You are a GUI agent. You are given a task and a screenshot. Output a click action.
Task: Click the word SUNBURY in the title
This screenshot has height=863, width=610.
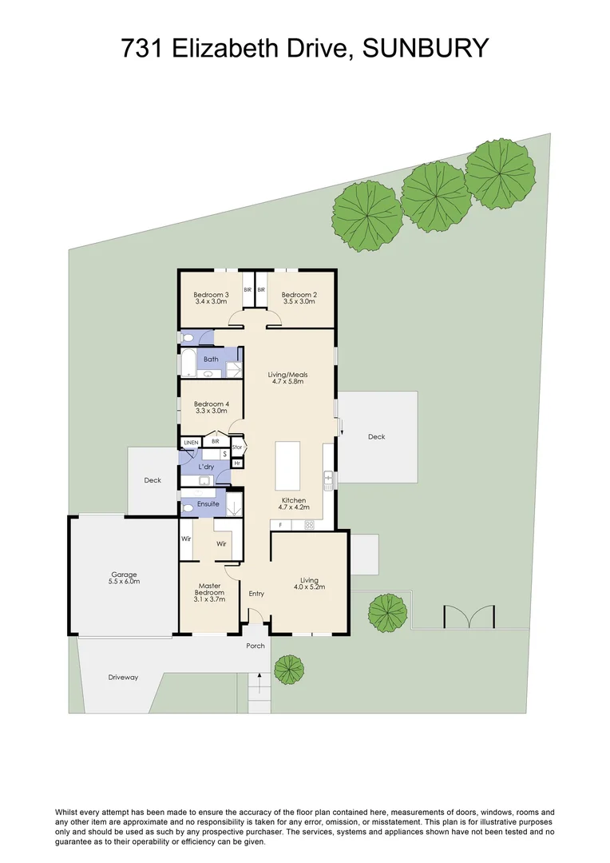(x=425, y=49)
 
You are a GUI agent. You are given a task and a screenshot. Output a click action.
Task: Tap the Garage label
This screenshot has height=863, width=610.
(x=125, y=574)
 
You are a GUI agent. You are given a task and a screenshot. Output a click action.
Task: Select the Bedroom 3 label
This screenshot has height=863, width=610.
(x=211, y=295)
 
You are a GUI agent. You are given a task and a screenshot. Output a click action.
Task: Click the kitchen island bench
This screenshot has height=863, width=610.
(x=288, y=466)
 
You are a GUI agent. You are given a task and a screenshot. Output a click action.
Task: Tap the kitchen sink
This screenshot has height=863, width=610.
(x=328, y=479)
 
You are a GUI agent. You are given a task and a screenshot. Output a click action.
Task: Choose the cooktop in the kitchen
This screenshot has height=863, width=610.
(x=308, y=524)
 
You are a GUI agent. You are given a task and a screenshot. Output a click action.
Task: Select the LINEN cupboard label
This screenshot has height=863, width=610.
(x=191, y=442)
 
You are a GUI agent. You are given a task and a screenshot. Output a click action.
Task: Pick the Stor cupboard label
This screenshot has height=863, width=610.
(x=237, y=447)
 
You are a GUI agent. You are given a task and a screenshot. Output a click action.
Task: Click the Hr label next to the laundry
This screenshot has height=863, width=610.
(x=237, y=463)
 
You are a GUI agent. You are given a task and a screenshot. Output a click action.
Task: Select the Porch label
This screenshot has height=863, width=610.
(x=255, y=646)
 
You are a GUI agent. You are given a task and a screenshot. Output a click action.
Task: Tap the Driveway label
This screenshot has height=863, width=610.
(x=123, y=678)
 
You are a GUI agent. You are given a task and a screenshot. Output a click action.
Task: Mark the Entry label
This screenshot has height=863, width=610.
(x=256, y=594)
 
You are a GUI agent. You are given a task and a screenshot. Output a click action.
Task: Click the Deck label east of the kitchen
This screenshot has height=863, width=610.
(x=376, y=437)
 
